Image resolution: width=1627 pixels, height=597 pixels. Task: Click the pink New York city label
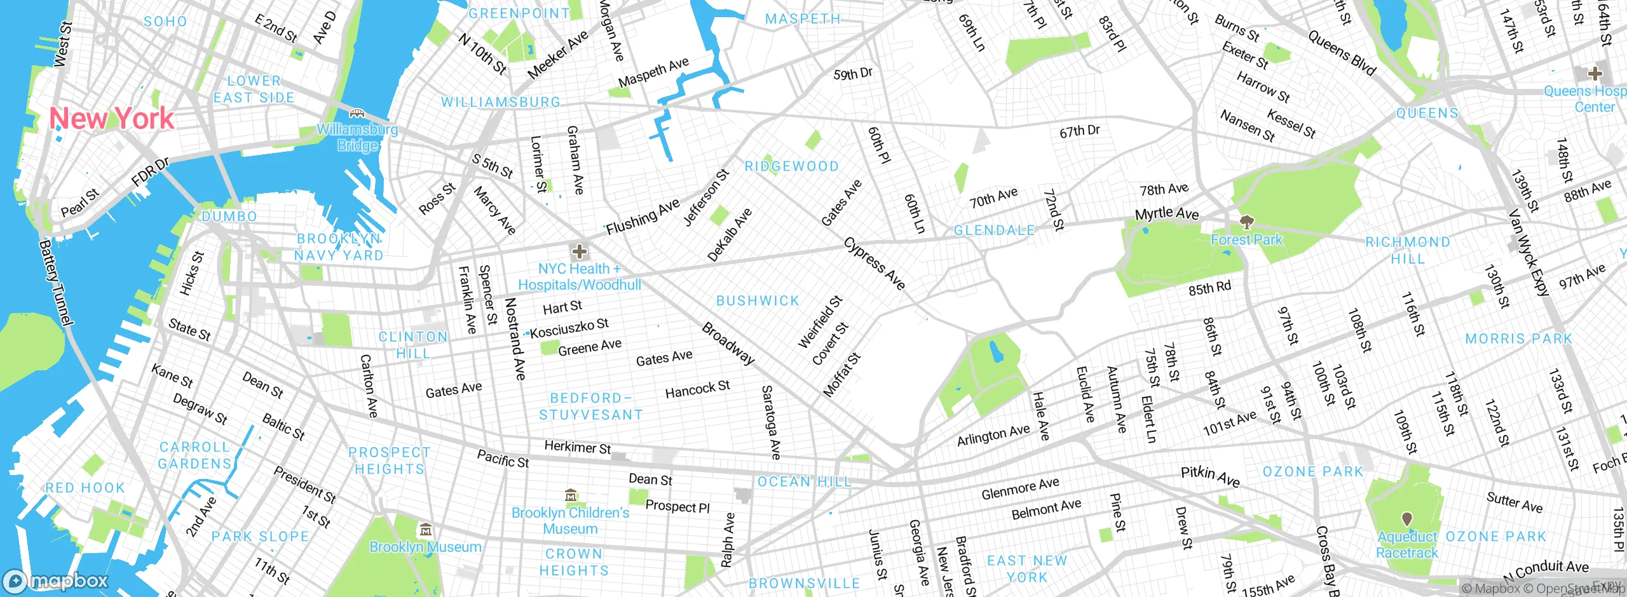tap(111, 119)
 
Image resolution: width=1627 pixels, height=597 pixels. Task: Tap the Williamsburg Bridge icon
tap(357, 114)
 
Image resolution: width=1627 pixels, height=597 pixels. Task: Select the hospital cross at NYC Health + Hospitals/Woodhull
tap(579, 252)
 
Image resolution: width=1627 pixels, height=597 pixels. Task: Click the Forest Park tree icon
tap(1246, 222)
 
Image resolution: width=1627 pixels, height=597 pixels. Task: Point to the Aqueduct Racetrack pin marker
tap(1407, 519)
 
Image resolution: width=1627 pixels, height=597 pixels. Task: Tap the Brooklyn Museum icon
tap(425, 529)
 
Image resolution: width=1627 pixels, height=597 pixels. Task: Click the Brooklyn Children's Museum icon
tap(571, 495)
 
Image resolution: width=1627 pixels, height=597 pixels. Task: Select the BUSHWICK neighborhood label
tap(758, 300)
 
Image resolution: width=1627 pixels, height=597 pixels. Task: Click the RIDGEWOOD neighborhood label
tap(791, 166)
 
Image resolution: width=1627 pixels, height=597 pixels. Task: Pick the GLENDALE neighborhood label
tap(994, 231)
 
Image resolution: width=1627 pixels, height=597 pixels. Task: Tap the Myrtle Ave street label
tap(1167, 213)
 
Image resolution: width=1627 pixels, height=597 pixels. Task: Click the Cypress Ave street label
tap(875, 264)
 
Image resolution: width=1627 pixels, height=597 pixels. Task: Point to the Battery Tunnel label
tap(56, 283)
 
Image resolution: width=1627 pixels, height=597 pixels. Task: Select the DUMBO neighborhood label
tap(229, 217)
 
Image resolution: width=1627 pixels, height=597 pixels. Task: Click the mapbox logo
tap(56, 580)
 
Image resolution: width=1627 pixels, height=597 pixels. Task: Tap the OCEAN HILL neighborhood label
tap(804, 482)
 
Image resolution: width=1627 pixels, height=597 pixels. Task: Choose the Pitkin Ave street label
tap(1210, 476)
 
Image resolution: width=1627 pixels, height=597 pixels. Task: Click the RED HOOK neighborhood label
tap(85, 488)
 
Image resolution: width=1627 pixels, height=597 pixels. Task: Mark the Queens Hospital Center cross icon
tap(1595, 73)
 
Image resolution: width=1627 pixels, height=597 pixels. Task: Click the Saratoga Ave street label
tap(771, 422)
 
